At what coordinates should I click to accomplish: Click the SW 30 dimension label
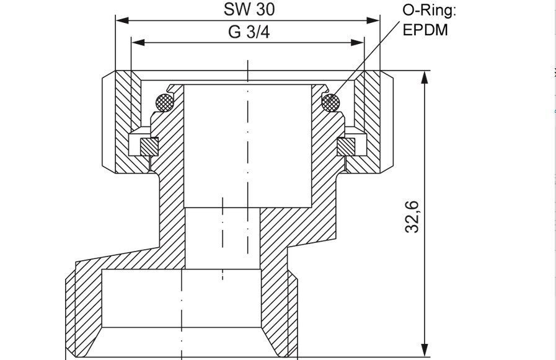pos(249,9)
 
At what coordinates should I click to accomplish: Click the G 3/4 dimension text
pos(249,32)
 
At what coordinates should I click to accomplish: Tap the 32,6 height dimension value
pos(412,217)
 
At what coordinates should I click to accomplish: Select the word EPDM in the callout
pos(425,30)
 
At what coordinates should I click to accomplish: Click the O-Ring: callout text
pos(429,11)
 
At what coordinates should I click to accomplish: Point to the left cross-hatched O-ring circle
pos(165,102)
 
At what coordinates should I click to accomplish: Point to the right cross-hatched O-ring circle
pos(330,102)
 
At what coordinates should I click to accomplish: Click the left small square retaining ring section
pos(149,147)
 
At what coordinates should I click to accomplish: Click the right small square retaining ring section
pos(346,147)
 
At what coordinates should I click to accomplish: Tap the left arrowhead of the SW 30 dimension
pos(122,20)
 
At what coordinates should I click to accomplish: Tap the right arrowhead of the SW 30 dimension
pos(373,20)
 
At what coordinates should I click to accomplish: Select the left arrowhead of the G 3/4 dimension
pos(138,43)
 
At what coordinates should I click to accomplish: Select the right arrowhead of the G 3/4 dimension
pos(358,43)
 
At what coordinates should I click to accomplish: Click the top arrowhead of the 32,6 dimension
pos(425,77)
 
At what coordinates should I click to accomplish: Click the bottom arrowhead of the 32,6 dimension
pos(425,350)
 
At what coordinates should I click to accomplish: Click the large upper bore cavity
pos(247,146)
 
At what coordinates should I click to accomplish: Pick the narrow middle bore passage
pos(223,238)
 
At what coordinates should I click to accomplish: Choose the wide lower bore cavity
pos(182,298)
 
